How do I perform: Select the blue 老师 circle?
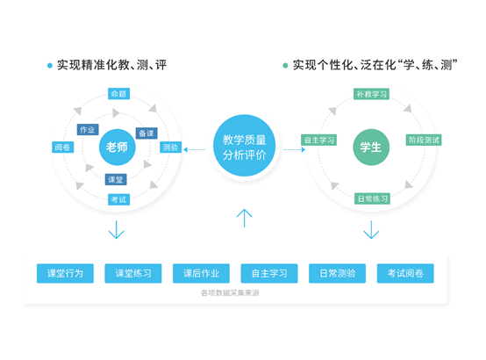[x=117, y=147]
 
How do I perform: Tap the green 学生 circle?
[x=370, y=147]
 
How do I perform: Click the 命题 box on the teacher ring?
[x=118, y=94]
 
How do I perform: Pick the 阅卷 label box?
[x=62, y=147]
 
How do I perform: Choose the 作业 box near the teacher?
[x=88, y=130]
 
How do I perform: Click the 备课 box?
[x=147, y=133]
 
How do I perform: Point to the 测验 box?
[x=170, y=147]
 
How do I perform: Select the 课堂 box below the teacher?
[x=116, y=179]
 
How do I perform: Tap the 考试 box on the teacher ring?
[x=118, y=199]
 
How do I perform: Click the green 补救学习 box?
[x=372, y=94]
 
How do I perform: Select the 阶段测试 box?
[x=424, y=140]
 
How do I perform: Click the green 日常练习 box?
[x=372, y=199]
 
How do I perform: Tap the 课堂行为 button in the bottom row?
[x=65, y=273]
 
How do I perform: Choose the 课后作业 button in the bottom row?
[x=201, y=273]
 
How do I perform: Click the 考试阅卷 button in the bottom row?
[x=404, y=273]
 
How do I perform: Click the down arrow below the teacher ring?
[x=117, y=230]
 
